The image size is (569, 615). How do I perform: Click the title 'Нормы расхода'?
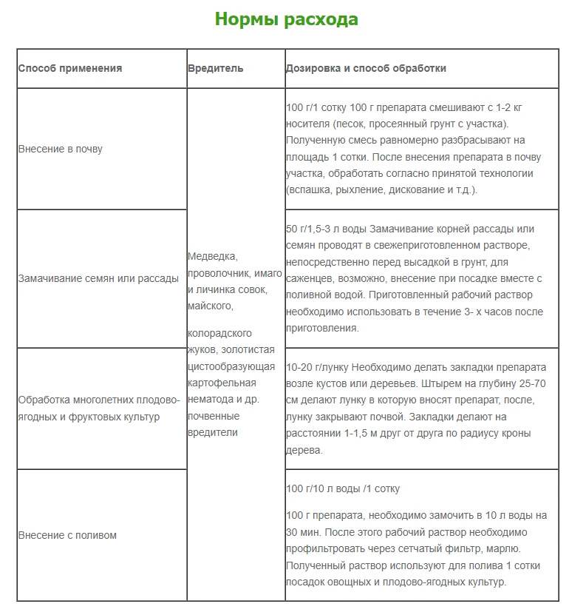(286, 19)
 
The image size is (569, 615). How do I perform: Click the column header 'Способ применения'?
(69, 68)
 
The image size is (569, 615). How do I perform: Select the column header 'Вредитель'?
(215, 68)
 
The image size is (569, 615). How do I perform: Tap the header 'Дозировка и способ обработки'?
(366, 68)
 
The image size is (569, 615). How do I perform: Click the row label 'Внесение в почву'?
(60, 149)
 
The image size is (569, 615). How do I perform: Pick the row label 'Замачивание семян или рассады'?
(98, 278)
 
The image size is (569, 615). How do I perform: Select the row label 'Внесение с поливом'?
(67, 535)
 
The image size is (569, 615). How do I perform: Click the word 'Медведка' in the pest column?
(212, 257)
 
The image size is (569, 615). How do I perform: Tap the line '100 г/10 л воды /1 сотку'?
(343, 489)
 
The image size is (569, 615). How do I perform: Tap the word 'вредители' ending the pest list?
(213, 432)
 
